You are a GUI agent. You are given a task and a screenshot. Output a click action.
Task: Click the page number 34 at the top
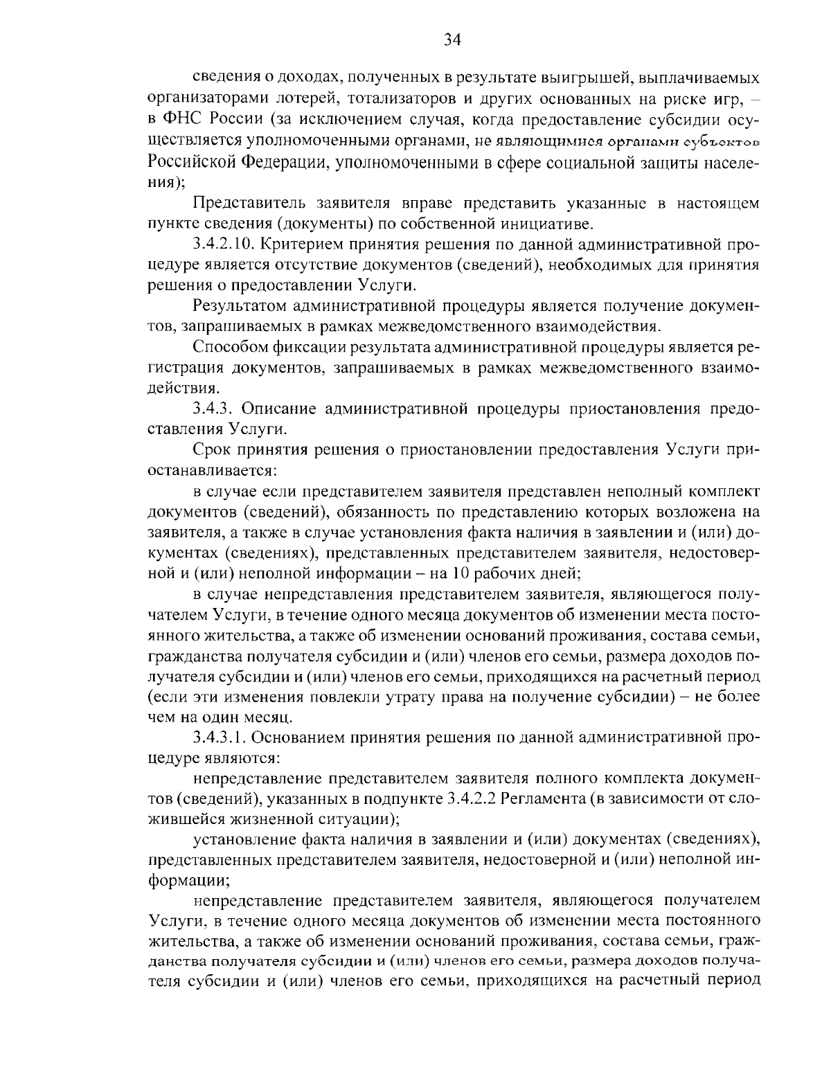[452, 39]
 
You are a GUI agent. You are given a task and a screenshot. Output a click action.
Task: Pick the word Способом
[229, 346]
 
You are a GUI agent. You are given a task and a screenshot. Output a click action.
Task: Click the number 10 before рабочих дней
[461, 573]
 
